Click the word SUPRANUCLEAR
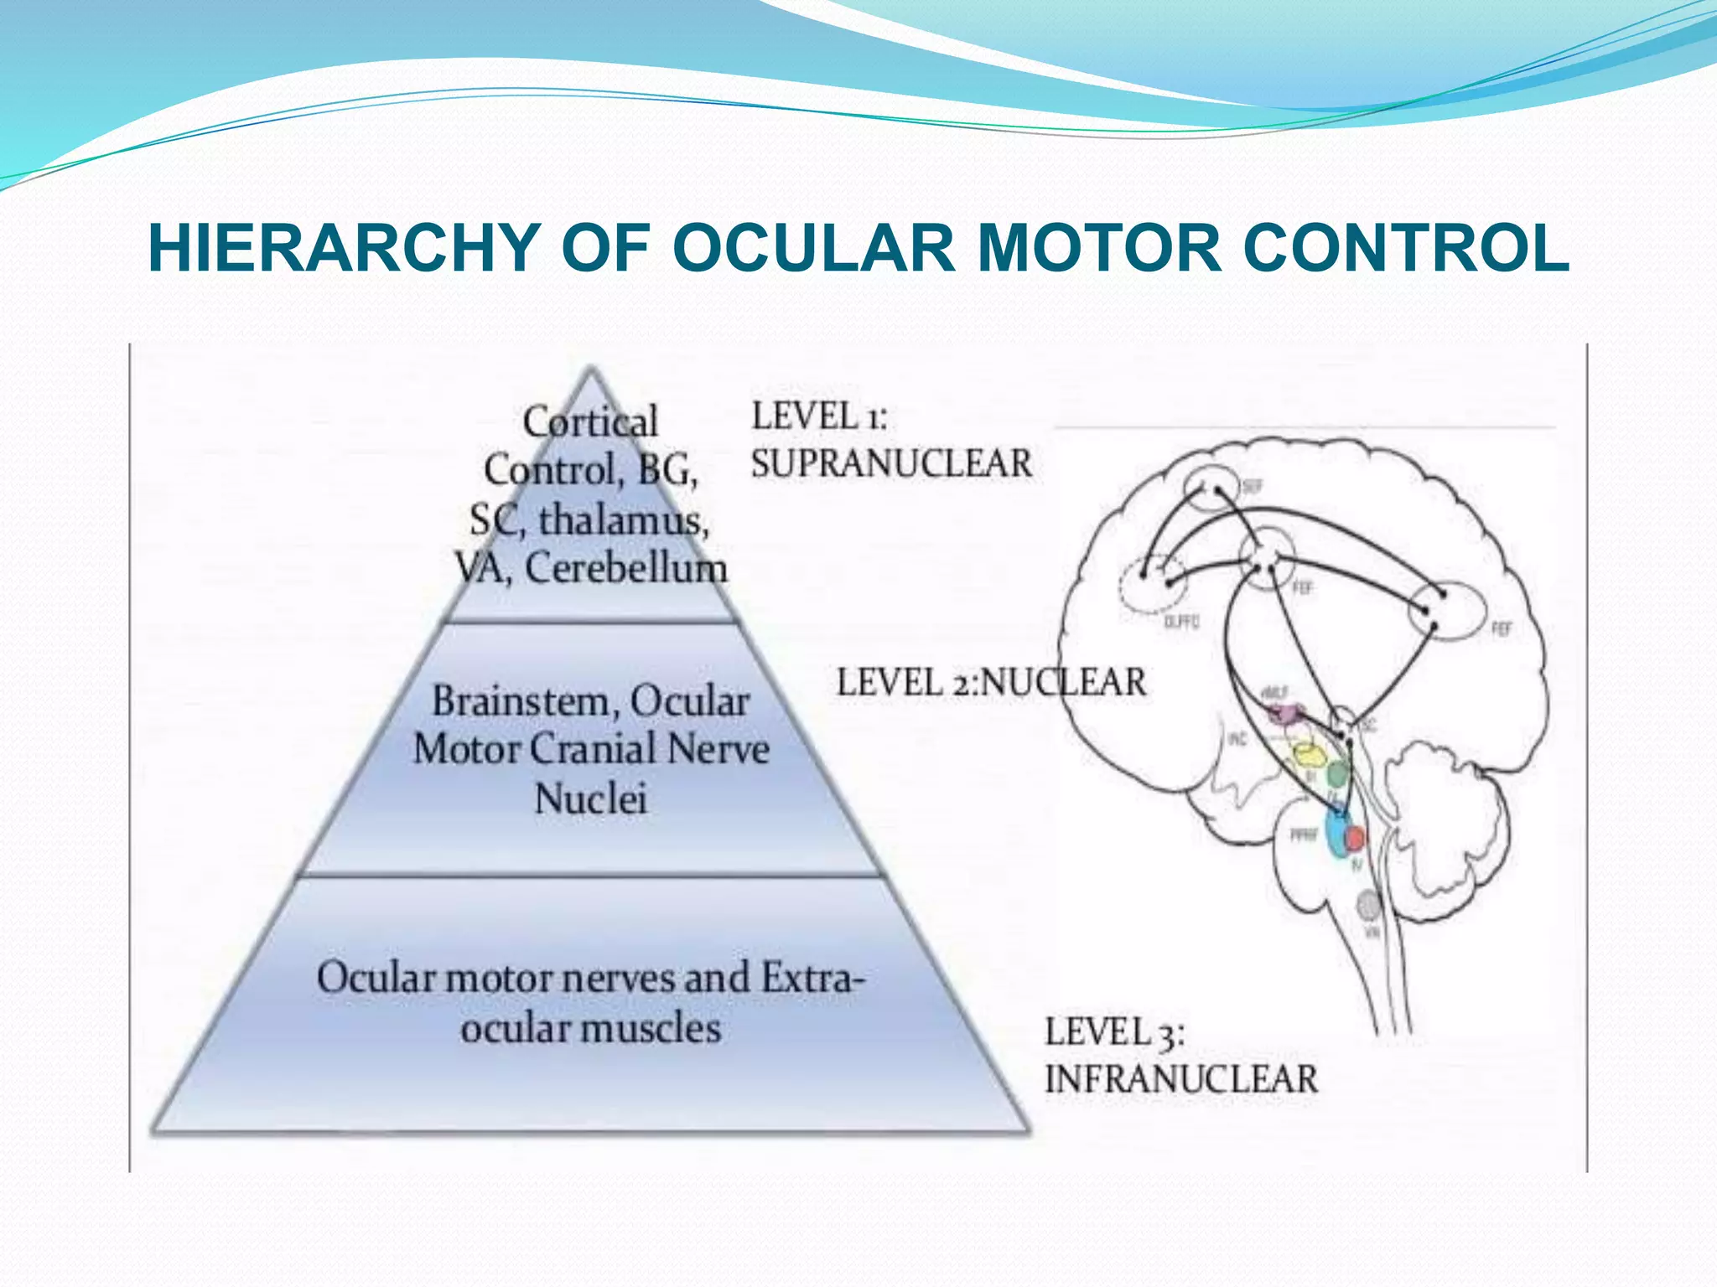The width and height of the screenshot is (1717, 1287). [x=891, y=464]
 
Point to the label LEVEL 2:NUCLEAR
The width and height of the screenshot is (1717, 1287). [x=991, y=682]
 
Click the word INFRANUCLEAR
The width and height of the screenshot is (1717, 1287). [x=1181, y=1079]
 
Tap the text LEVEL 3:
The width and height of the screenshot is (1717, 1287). [x=1114, y=1031]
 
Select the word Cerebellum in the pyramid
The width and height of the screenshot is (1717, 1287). [x=625, y=569]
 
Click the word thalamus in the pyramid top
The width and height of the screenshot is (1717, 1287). [x=623, y=521]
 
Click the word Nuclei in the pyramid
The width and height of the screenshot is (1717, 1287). [x=590, y=799]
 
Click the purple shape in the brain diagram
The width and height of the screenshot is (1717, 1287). [x=1284, y=714]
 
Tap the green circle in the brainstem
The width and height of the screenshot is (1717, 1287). [x=1339, y=773]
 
